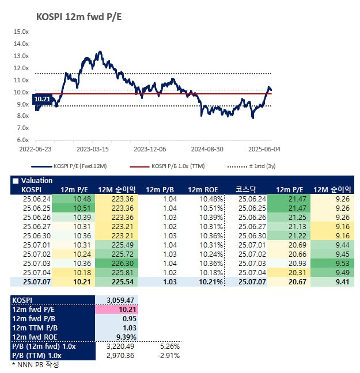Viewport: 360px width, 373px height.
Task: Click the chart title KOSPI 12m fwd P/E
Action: [x=79, y=17]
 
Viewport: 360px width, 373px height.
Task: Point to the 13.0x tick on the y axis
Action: [x=21, y=56]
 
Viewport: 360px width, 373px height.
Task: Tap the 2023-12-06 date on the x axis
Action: [x=150, y=149]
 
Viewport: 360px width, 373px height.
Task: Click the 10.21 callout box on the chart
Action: [x=43, y=99]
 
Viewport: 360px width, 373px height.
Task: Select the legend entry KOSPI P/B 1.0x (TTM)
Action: [x=178, y=166]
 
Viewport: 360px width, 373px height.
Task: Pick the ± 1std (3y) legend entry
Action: [x=262, y=166]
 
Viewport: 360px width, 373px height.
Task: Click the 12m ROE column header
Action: [x=203, y=190]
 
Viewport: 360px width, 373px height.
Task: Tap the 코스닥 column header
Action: [x=246, y=189]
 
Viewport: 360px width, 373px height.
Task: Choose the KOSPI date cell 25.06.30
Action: [x=37, y=236]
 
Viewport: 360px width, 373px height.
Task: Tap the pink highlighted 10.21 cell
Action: [x=117, y=310]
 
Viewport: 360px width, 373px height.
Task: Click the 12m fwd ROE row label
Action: [x=35, y=337]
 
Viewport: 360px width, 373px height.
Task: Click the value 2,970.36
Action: [x=120, y=356]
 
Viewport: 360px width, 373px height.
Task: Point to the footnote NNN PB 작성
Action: [x=36, y=364]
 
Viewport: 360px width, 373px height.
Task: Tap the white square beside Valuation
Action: [x=16, y=181]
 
